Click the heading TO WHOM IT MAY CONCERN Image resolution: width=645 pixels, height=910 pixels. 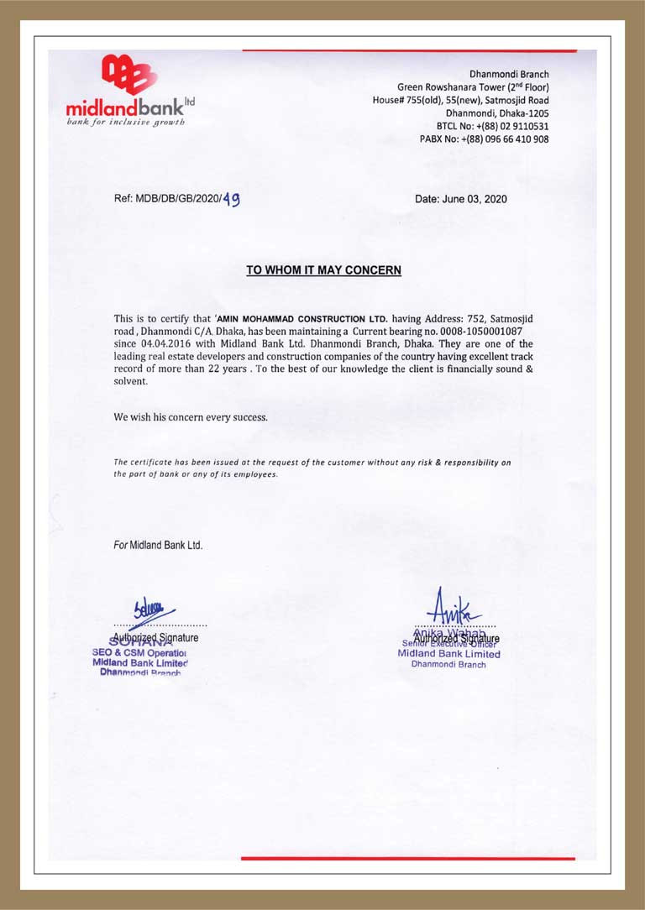[323, 270]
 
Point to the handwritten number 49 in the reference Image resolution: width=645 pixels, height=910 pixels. [231, 200]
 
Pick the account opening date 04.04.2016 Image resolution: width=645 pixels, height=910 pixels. [168, 344]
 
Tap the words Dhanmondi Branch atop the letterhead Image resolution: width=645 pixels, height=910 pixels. [509, 75]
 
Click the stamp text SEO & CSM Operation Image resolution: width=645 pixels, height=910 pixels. [139, 652]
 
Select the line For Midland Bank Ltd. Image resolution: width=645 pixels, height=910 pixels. [158, 545]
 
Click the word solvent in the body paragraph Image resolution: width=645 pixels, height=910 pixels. [130, 381]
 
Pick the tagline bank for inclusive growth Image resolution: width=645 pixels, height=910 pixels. [126, 121]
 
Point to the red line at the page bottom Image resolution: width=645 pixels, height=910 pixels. [408, 858]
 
